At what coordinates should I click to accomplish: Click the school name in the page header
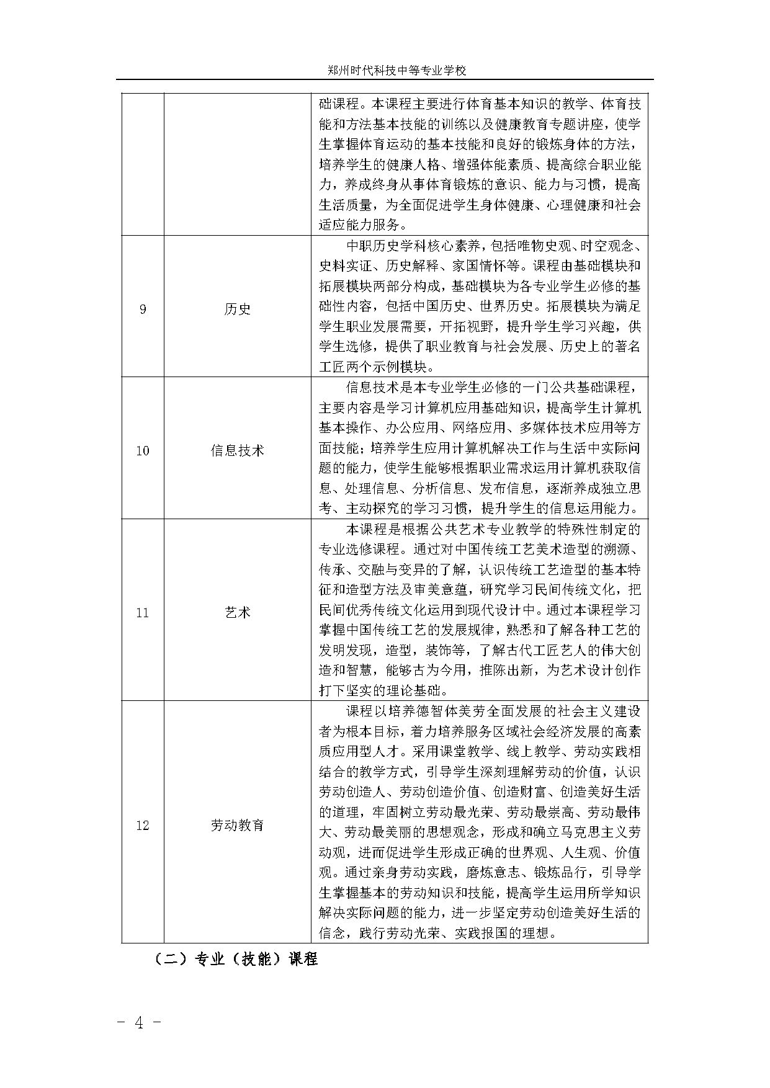point(396,71)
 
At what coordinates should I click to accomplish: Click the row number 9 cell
point(143,309)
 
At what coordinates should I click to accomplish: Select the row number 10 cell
point(143,450)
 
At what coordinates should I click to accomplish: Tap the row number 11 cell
point(143,612)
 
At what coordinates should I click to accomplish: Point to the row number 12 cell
point(143,825)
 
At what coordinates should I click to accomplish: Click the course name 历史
point(237,309)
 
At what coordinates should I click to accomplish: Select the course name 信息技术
point(237,450)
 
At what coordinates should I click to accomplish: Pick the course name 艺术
point(237,612)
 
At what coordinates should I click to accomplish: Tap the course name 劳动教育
point(237,825)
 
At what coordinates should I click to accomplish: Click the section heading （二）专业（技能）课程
point(236,958)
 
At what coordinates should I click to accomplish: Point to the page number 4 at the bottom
point(140,1023)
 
